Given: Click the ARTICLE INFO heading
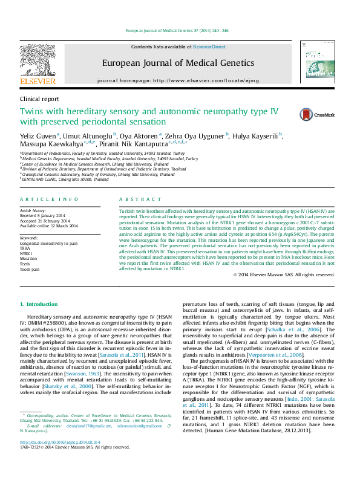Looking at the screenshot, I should (x=49, y=199).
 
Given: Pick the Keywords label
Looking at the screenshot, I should (x=30, y=238).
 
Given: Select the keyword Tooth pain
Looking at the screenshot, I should (x=30, y=270).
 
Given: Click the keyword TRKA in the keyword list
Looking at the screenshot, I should (x=25, y=248).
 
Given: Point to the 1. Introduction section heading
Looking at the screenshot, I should (x=39, y=303).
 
